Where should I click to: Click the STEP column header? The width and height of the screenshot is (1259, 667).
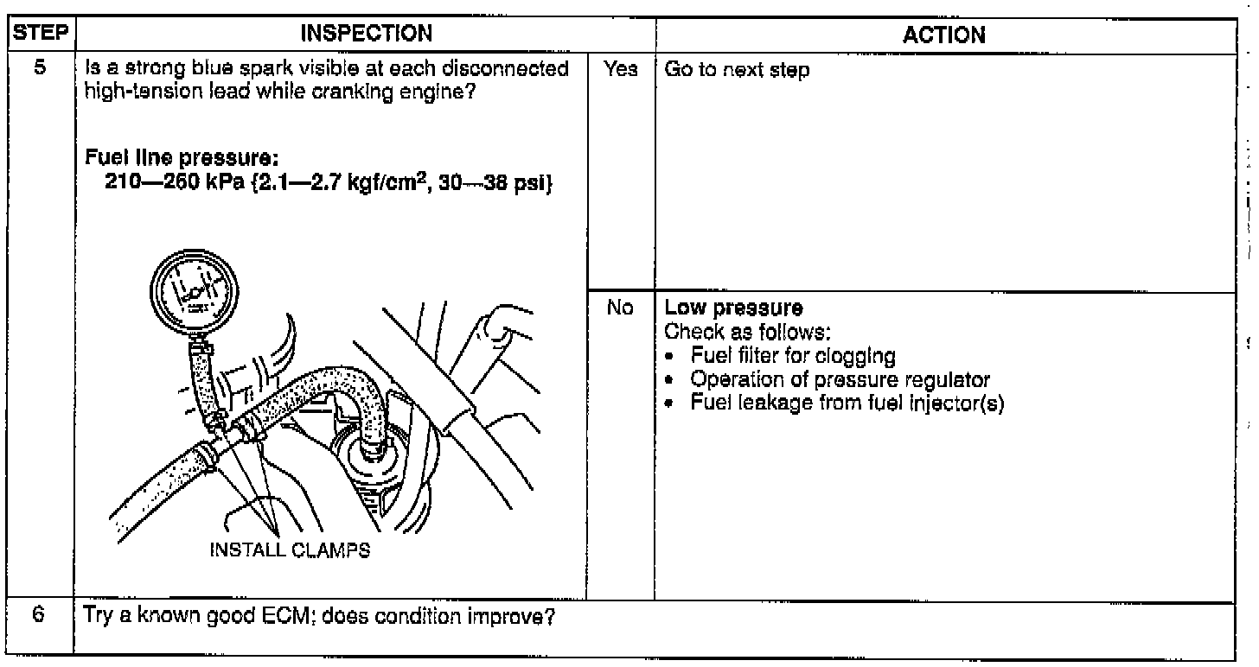point(40,35)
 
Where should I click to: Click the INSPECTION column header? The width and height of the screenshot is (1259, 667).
point(365,35)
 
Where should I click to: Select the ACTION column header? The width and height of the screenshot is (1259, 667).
point(943,35)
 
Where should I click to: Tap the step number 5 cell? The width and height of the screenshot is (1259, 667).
point(40,70)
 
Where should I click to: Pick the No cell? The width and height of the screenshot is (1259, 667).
point(621,308)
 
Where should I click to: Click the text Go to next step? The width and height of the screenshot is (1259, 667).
point(737,71)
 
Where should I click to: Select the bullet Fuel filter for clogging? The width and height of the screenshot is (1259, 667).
point(792,355)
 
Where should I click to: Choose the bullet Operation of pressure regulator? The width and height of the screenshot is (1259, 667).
point(839,379)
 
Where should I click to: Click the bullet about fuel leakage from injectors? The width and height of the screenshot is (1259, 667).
point(846,403)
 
